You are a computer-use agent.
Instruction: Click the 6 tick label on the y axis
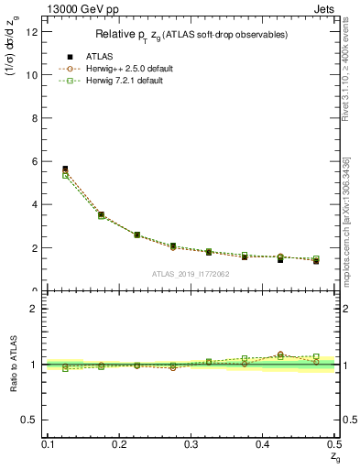pyautogui.click(x=36, y=161)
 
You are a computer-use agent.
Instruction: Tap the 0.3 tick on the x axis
pyautogui.click(x=191, y=444)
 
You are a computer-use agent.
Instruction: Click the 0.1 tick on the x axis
pyautogui.click(x=49, y=444)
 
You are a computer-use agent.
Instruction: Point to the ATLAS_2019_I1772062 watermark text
pyautogui.click(x=191, y=274)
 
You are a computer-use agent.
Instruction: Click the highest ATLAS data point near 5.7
pyautogui.click(x=65, y=169)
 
